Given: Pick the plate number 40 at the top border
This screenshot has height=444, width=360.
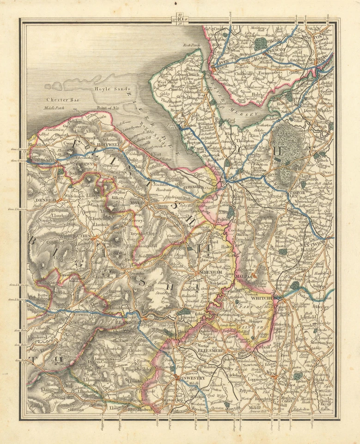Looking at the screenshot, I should (177, 18).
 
